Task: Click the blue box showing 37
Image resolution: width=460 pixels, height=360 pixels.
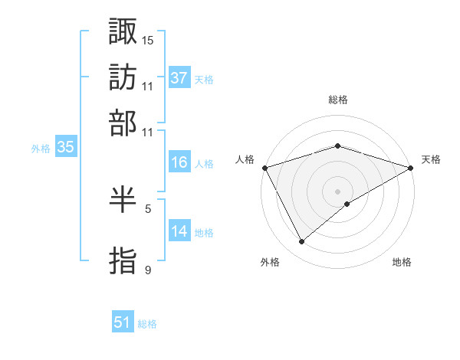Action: (x=179, y=78)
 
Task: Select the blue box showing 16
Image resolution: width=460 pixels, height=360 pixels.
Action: (x=179, y=162)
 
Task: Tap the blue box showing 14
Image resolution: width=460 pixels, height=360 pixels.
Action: (x=179, y=231)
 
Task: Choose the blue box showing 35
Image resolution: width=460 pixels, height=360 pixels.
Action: (x=65, y=148)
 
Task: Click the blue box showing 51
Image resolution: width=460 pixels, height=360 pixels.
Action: (x=123, y=322)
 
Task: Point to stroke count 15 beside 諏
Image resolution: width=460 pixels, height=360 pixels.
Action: (x=148, y=39)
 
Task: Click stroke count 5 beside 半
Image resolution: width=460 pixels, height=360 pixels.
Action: (x=148, y=208)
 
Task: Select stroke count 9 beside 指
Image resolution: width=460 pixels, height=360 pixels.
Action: (x=148, y=269)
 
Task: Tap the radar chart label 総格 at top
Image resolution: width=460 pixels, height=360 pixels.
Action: (x=337, y=100)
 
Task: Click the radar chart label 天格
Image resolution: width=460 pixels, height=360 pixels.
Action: (x=431, y=159)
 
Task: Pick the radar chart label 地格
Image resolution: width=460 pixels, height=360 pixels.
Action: (x=402, y=263)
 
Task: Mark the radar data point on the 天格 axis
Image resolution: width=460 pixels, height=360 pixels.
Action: (x=412, y=167)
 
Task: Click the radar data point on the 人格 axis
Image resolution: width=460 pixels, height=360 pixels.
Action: (x=264, y=167)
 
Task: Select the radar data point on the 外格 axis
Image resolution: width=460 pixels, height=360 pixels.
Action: (x=302, y=242)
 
